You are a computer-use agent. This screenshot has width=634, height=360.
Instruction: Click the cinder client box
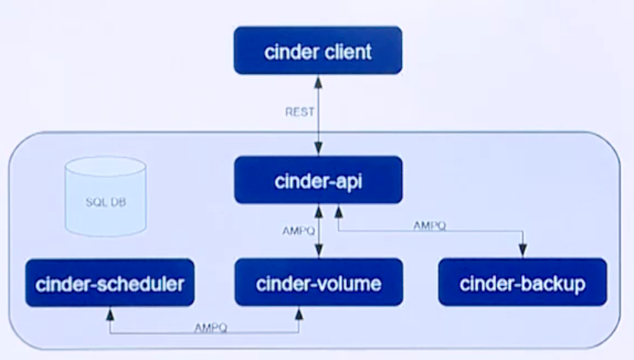point(317,51)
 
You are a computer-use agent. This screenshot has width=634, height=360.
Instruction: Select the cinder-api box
point(317,180)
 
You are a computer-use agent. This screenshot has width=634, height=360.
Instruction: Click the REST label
point(300,112)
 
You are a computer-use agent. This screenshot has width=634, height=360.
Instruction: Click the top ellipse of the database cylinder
point(105,167)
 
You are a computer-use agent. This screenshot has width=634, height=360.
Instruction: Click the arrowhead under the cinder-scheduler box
point(110,313)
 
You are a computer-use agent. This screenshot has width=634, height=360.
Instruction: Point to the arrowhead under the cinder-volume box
point(298,313)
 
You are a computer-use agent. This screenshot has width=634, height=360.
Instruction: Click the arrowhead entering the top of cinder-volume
point(317,253)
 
